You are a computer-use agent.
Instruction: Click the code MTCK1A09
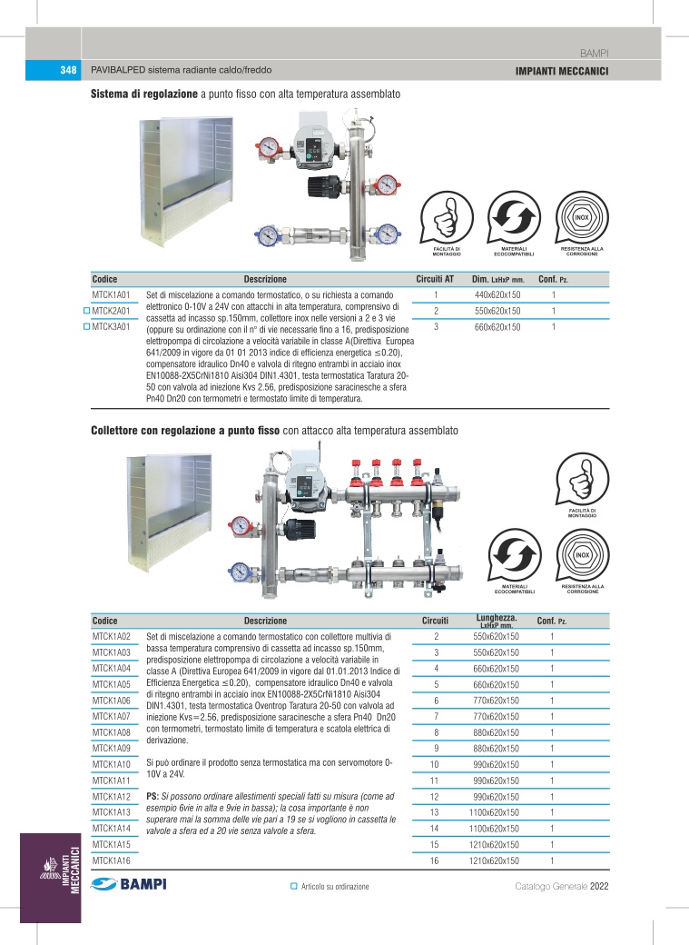pyautogui.click(x=113, y=748)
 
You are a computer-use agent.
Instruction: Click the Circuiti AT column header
pyautogui.click(x=435, y=279)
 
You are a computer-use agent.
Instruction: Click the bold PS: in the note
pyautogui.click(x=153, y=796)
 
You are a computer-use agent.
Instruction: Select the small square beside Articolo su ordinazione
pyautogui.click(x=293, y=886)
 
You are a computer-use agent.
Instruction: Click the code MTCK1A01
pyautogui.click(x=113, y=295)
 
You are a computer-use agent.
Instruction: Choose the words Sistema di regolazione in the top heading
pyautogui.click(x=143, y=94)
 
